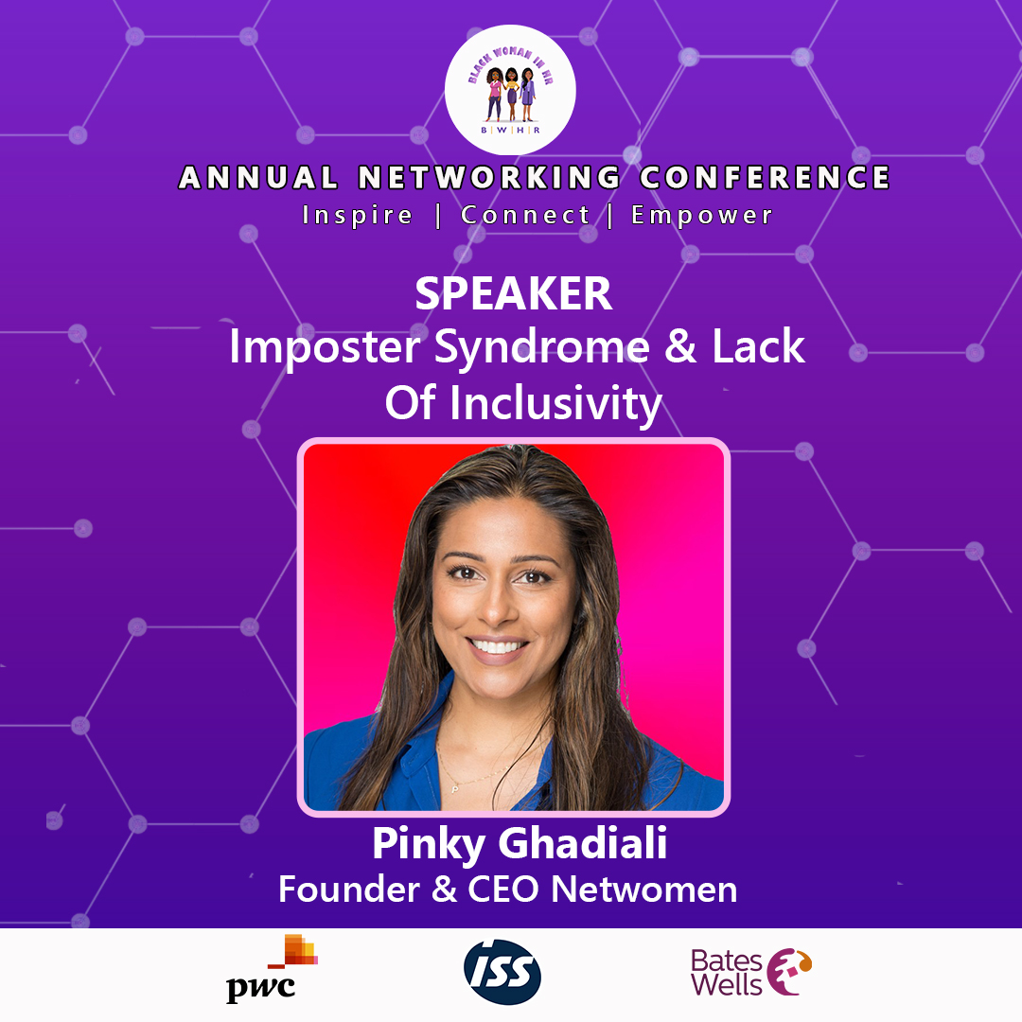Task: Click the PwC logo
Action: [x=272, y=969]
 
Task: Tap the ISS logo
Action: [x=502, y=972]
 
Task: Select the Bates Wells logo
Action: [x=750, y=972]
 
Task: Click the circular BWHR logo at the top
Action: [x=510, y=90]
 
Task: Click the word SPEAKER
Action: [x=514, y=294]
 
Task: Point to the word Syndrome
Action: [x=542, y=346]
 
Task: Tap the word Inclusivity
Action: [x=556, y=403]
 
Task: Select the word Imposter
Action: [x=325, y=346]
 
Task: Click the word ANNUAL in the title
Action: [x=258, y=177]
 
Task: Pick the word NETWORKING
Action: [x=489, y=177]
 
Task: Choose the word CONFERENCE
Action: [x=765, y=177]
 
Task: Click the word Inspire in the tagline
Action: [x=357, y=215]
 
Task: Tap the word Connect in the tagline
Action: [x=525, y=215]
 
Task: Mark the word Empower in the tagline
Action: [x=702, y=216]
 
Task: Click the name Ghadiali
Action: [x=583, y=843]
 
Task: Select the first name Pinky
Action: [x=428, y=845]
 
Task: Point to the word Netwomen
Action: [x=644, y=889]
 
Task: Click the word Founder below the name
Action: [x=348, y=889]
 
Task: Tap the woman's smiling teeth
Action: [x=498, y=646]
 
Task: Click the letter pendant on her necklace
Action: [x=455, y=789]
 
